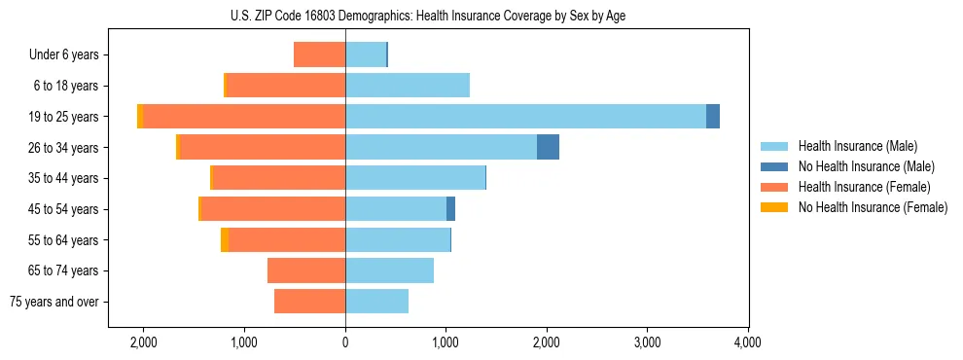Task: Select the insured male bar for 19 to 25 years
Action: coord(525,117)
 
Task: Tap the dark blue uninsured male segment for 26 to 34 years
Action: coord(548,147)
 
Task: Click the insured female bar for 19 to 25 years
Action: coord(244,117)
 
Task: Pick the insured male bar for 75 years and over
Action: coord(376,302)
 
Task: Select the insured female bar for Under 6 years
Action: coord(319,55)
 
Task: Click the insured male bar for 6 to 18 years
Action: coord(408,86)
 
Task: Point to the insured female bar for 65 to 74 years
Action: coord(306,270)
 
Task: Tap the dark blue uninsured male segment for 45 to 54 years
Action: coord(450,209)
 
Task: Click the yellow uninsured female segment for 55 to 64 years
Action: coord(225,239)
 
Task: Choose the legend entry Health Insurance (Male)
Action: coord(857,146)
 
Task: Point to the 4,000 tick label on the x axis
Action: coord(747,342)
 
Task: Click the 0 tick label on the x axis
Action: coord(345,342)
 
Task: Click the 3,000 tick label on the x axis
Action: coord(647,342)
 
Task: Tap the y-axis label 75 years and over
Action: coord(54,302)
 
